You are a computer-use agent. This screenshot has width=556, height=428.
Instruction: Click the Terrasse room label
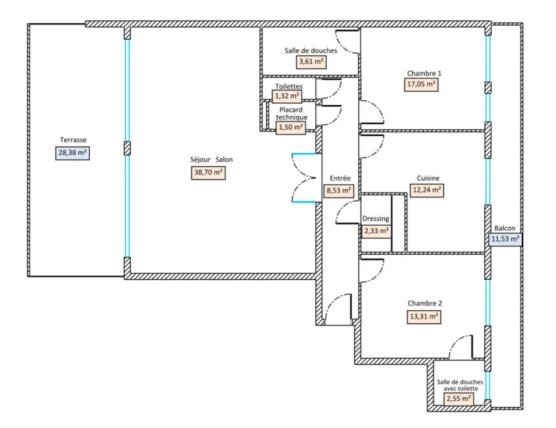tap(73, 140)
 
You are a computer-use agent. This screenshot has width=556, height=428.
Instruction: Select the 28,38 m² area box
tap(72, 153)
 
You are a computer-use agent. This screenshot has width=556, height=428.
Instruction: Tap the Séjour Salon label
tap(211, 160)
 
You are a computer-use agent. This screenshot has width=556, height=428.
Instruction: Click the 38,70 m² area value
tap(208, 172)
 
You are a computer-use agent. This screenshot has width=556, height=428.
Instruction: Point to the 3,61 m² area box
tap(311, 62)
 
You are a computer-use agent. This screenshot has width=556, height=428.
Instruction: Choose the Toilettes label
tap(289, 86)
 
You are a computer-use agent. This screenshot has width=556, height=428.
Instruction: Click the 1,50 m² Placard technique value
tap(291, 127)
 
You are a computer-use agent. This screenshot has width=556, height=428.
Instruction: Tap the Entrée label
tap(340, 178)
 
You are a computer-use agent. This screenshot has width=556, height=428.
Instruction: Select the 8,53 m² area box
tap(339, 190)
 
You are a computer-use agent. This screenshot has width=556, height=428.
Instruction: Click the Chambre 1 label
tap(424, 74)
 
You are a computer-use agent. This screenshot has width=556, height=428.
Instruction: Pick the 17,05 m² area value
tap(421, 85)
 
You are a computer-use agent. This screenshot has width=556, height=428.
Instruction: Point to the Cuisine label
tap(428, 178)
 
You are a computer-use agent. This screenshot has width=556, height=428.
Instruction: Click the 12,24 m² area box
tap(427, 190)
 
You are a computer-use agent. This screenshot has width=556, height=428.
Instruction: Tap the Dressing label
tap(376, 219)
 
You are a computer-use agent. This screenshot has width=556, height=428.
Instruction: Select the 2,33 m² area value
tap(376, 231)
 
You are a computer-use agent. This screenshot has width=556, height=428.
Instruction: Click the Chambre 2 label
tap(425, 304)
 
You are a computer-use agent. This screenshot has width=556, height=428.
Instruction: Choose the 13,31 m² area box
tap(424, 316)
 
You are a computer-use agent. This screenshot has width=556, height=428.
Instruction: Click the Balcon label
tap(505, 228)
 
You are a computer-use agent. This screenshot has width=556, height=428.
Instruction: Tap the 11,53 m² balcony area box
tap(505, 239)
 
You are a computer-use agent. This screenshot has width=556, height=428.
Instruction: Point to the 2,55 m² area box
tap(459, 399)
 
